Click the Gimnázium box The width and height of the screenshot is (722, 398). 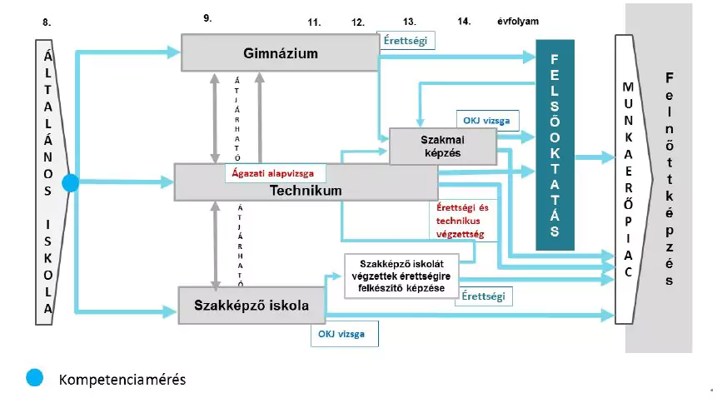coord(281,54)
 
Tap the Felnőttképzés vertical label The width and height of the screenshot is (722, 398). coord(670,178)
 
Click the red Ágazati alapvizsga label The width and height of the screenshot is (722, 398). coord(275,174)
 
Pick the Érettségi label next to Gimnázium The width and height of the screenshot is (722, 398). coord(406,39)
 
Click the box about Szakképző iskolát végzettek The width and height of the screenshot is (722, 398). coord(400,276)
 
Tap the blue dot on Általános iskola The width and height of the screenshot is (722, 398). coord(70,182)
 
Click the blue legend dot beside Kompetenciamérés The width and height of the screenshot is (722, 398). coord(34,378)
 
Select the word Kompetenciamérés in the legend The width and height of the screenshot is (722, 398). coord(122,380)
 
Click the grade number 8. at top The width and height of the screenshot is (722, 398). coord(47,23)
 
